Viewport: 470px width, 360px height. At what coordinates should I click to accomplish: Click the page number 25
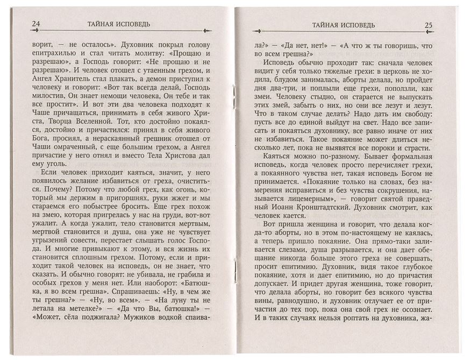[x=429, y=24]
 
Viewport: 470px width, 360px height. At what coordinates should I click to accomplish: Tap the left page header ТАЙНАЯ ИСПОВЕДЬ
[x=119, y=24]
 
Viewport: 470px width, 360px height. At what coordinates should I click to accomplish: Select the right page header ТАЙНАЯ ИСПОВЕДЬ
[x=343, y=25]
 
